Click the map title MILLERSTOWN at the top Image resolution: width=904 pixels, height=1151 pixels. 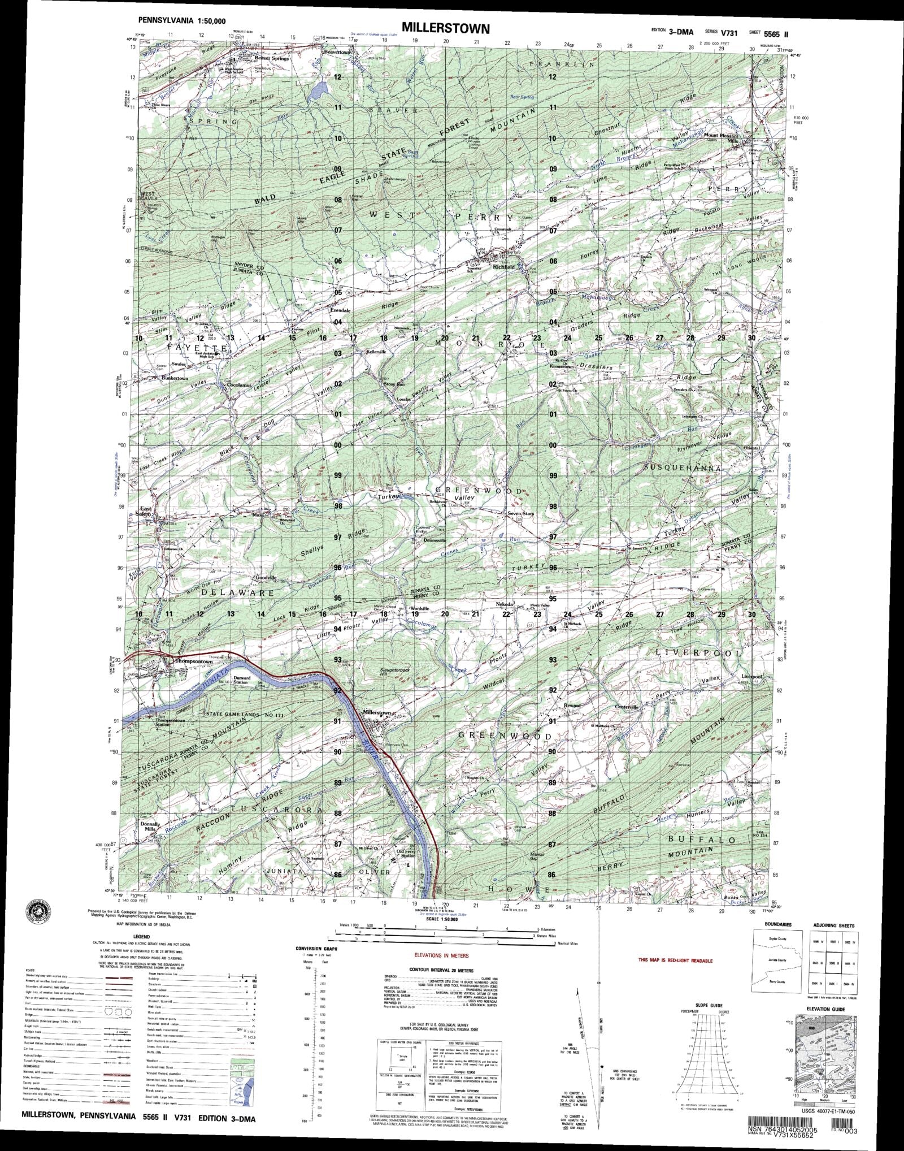pos(446,28)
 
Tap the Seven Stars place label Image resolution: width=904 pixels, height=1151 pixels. pos(520,513)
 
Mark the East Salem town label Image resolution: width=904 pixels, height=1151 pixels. pos(144,511)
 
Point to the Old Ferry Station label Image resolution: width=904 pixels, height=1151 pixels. pos(407,869)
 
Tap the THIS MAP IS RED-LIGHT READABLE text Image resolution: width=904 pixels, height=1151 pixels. pos(675,960)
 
